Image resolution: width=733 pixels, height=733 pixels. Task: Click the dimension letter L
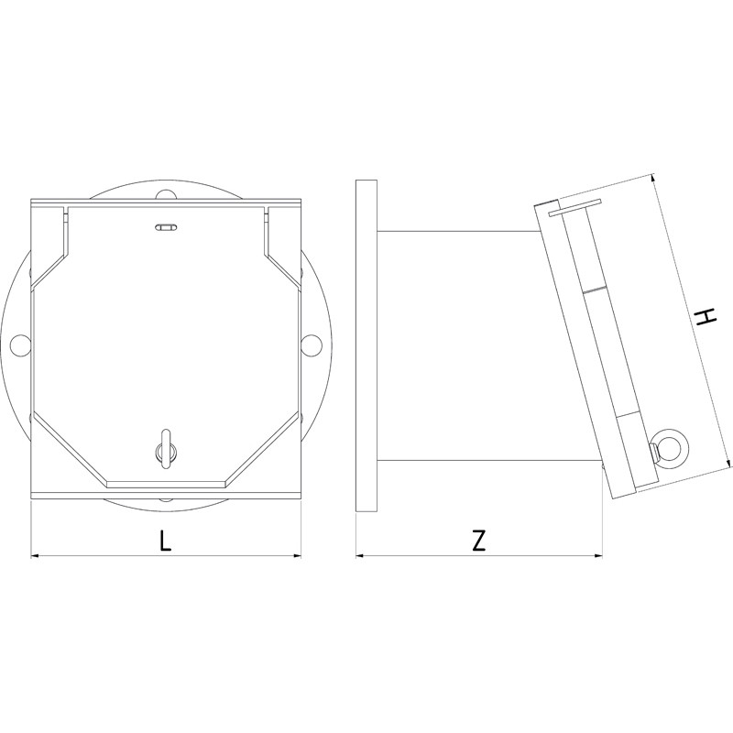click(165, 541)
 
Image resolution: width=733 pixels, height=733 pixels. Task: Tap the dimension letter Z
click(478, 541)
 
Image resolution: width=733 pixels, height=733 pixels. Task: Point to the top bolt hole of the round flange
click(165, 194)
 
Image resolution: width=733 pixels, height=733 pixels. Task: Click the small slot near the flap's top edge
click(165, 226)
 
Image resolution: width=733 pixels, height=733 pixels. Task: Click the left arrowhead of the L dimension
click(37, 554)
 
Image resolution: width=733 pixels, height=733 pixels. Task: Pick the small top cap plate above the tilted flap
click(574, 207)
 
